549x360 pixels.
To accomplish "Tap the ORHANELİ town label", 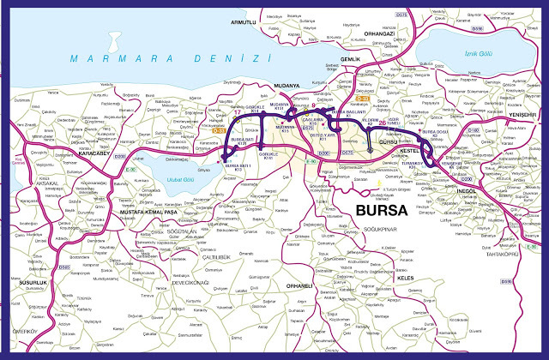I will [x=299, y=285].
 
